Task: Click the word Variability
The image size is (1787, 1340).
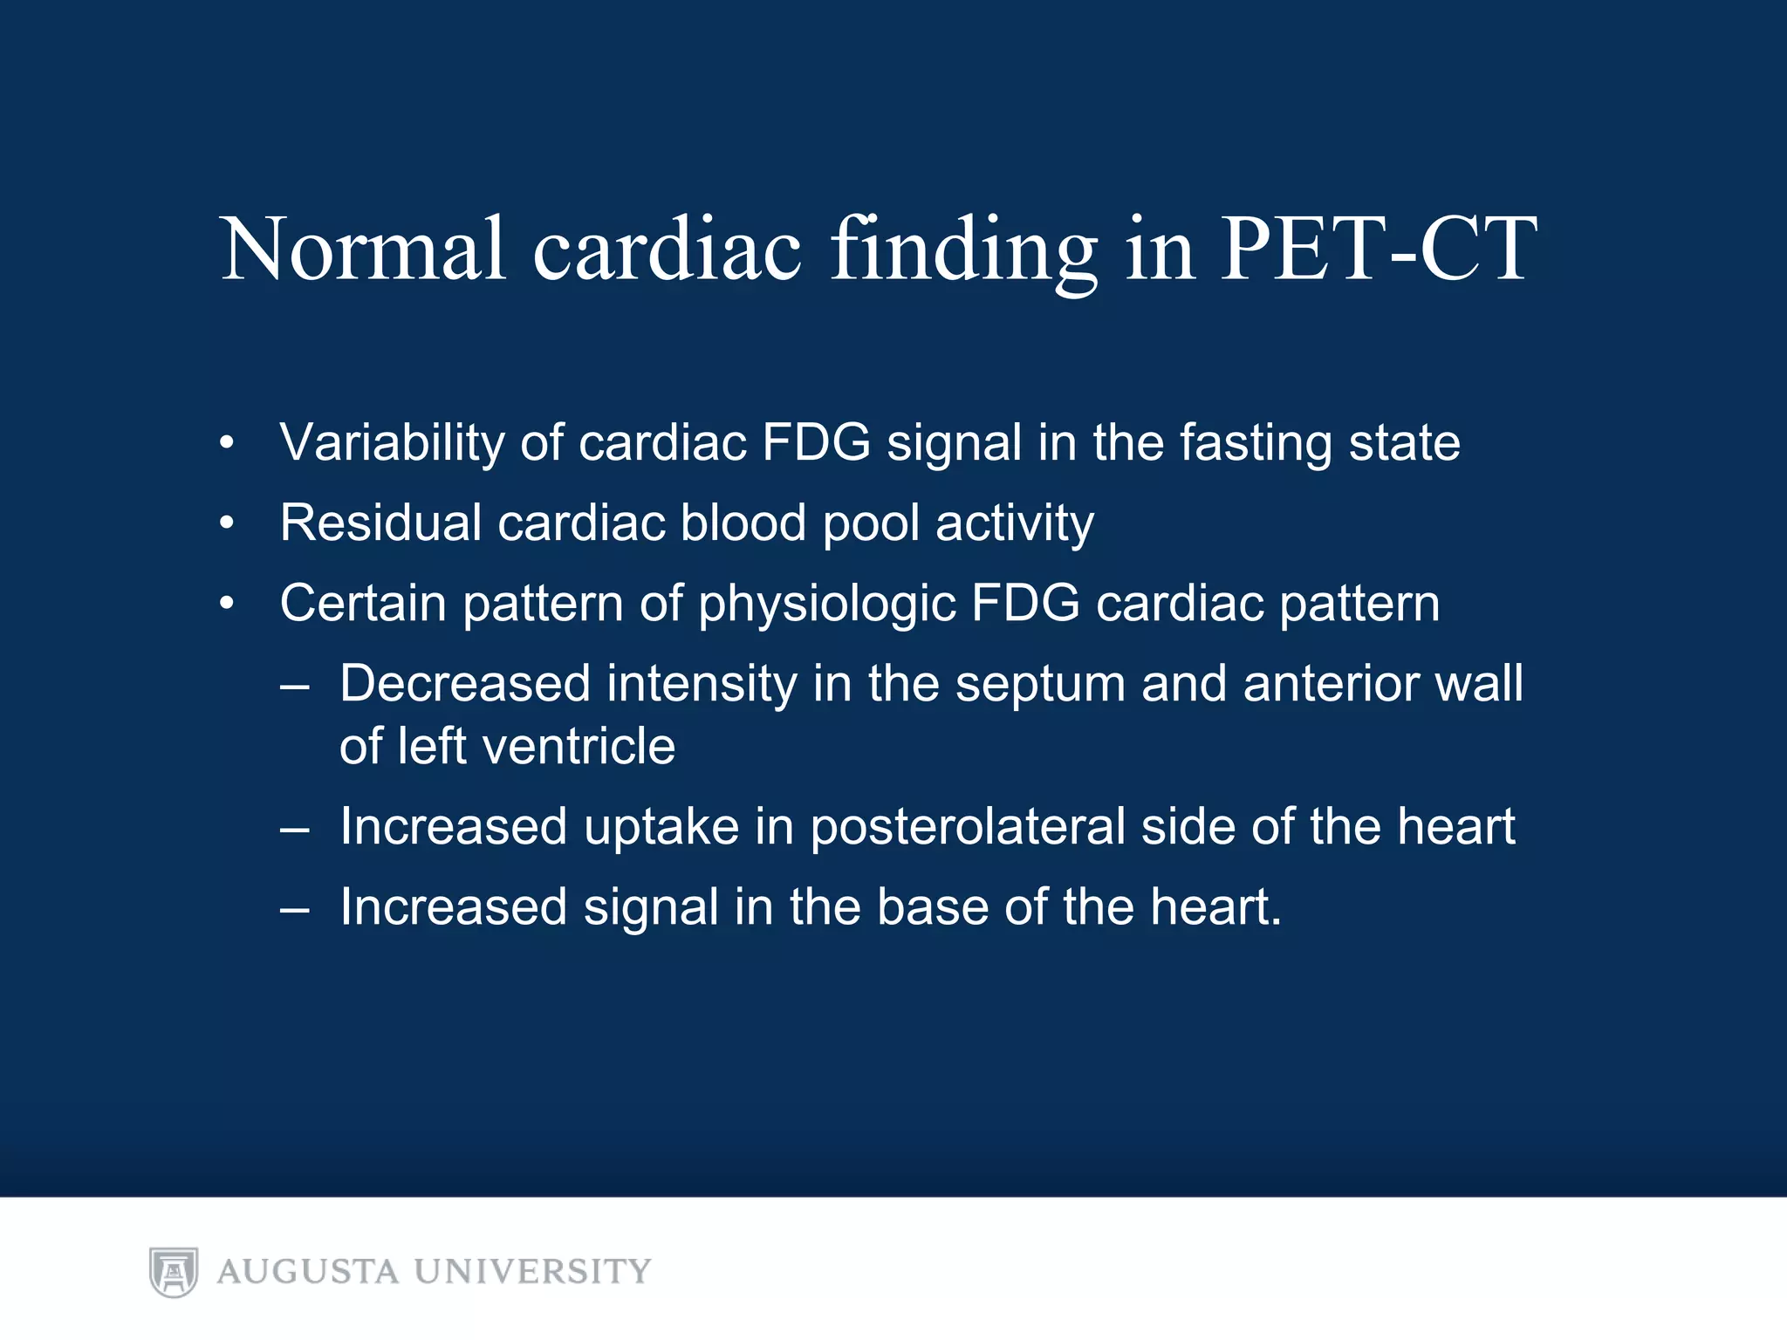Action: coord(392,442)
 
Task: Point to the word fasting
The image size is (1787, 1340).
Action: coord(1256,443)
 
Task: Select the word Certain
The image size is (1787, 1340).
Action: coord(363,603)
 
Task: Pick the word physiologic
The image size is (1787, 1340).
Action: coord(826,605)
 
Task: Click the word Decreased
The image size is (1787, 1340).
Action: coord(465,683)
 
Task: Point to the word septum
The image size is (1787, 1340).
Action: coord(1040,685)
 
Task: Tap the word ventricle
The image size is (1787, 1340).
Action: coord(579,747)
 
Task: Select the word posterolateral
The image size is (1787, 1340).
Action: coord(968,827)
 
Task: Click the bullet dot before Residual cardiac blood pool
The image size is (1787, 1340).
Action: coord(227,523)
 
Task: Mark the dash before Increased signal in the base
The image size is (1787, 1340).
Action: coord(295,908)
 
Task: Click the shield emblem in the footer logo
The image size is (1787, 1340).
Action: coord(174,1272)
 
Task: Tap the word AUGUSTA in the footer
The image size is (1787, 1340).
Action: coord(308,1272)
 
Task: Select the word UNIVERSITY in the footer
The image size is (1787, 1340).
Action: coord(532,1272)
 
